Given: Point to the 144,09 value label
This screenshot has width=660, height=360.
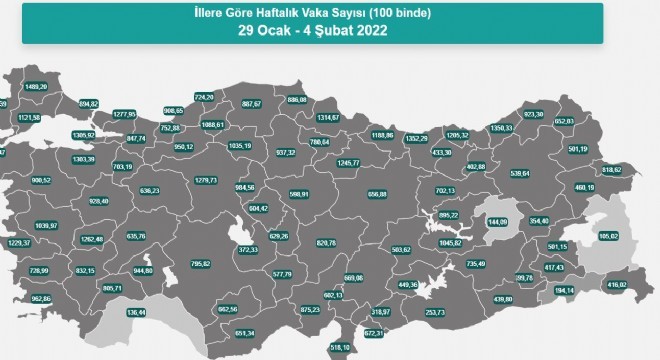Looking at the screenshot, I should (x=498, y=221).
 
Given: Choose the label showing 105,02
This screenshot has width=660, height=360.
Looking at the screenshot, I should (x=609, y=236).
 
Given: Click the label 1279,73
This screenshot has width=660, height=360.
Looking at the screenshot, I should (x=205, y=180).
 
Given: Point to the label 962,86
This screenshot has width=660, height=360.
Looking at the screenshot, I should (x=41, y=298).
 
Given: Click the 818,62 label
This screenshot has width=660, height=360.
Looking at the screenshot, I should (x=612, y=170).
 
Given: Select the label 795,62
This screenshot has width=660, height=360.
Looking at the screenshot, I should (x=200, y=263).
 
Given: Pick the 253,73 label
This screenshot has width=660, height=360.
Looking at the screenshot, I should (x=435, y=313).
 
